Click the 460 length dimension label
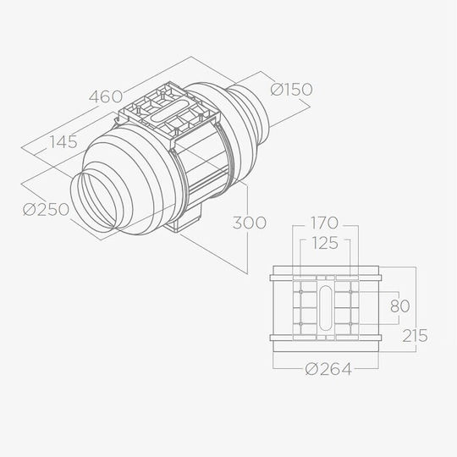(106, 96)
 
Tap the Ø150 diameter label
(291, 89)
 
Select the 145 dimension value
(63, 142)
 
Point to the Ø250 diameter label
(46, 209)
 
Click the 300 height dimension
(250, 223)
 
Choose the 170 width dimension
(324, 223)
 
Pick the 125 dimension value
(324, 243)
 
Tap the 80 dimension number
(399, 306)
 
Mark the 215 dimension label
(415, 335)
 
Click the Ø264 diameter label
(328, 369)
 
